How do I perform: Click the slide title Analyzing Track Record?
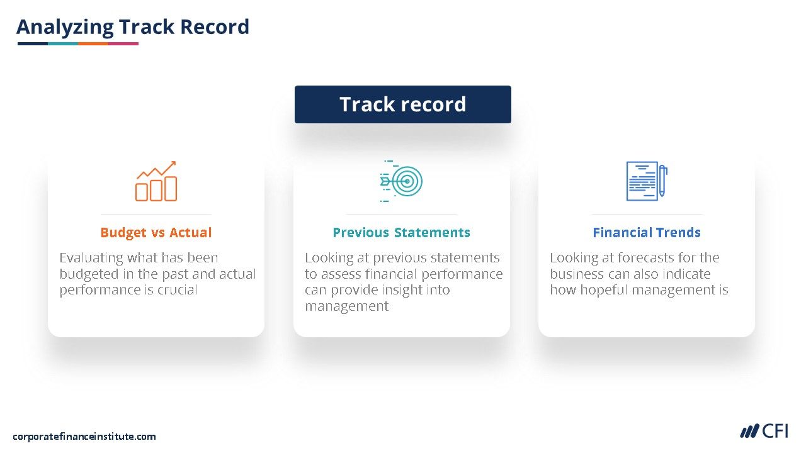133,27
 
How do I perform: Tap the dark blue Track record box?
402,104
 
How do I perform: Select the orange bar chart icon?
156,181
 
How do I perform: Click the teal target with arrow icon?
401,181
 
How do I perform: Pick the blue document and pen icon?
647,181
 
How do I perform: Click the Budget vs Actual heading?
156,233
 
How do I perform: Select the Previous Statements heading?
401,233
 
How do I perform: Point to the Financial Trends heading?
647,233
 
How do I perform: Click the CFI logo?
764,431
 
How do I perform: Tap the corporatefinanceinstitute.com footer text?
84,437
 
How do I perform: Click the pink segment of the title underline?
123,44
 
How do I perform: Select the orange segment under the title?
93,44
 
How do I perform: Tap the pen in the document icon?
662,181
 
